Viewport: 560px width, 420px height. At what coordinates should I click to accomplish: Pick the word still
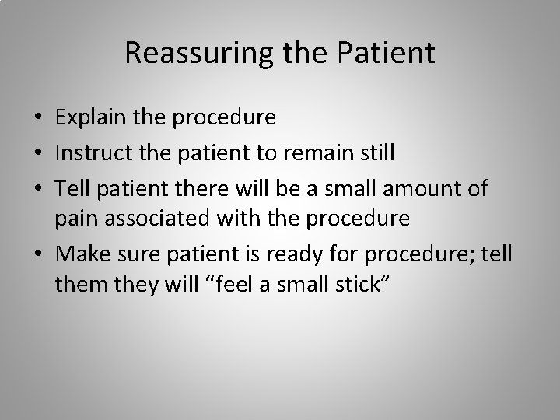coord(376,152)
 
